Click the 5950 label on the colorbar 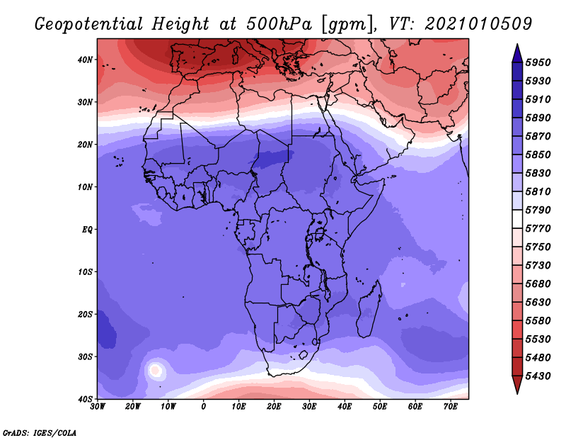(x=538, y=62)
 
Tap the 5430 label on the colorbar (x=538, y=376)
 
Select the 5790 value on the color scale (x=538, y=210)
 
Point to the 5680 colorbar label (x=538, y=284)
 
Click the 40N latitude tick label (x=85, y=60)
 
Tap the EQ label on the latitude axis (x=87, y=230)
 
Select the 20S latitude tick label (x=85, y=314)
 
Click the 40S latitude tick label (x=85, y=399)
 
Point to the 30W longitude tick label (x=98, y=407)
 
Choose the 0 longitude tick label (x=203, y=407)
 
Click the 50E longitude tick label (x=380, y=407)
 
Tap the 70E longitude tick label (x=451, y=407)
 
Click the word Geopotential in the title (x=89, y=24)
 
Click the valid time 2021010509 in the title (x=478, y=24)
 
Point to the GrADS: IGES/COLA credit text (x=40, y=433)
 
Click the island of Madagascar (x=369, y=310)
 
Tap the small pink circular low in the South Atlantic (x=155, y=371)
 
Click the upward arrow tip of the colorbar (x=517, y=45)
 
